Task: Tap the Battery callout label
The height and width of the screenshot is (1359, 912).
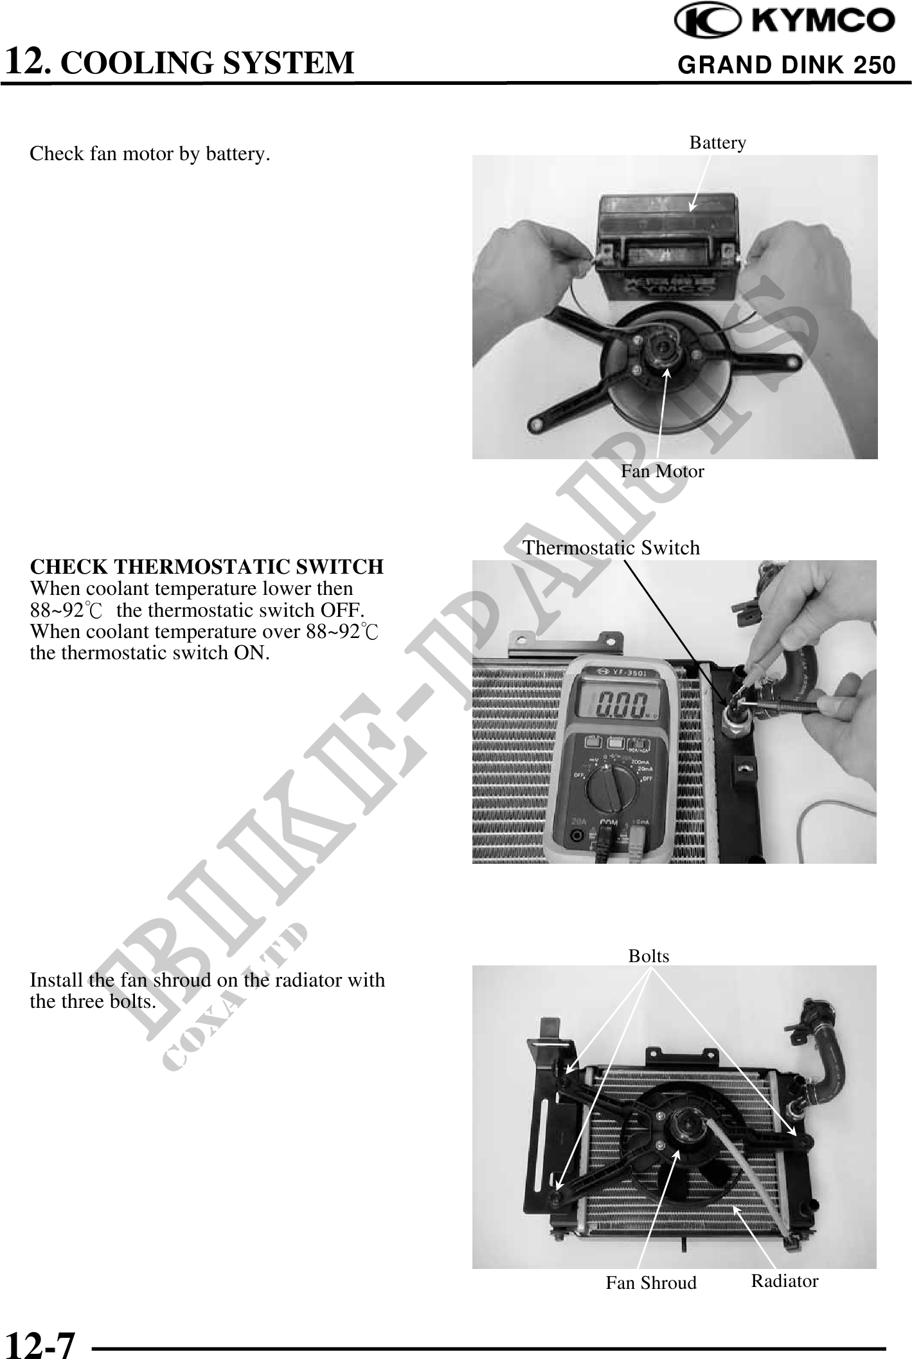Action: click(x=717, y=142)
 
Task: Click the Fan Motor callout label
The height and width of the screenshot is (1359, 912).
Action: click(x=662, y=471)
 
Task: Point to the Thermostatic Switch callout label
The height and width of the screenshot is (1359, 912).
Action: click(x=611, y=547)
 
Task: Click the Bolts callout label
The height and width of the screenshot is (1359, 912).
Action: click(x=648, y=956)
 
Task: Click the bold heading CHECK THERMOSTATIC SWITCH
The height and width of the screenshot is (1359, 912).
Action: click(x=206, y=567)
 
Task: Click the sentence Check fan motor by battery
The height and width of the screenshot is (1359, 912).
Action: click(x=149, y=154)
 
